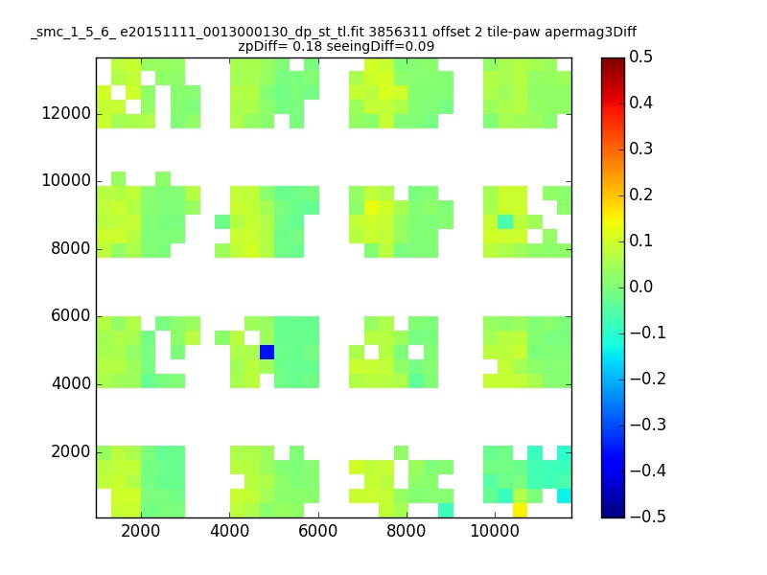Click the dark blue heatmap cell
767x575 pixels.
267,352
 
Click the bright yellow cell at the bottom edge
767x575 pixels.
520,511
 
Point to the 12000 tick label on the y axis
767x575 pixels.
66,113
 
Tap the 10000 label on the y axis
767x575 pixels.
66,180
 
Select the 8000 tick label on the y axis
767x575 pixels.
71,248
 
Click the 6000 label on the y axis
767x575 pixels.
71,316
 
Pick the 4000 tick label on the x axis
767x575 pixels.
229,531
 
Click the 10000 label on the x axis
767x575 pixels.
495,531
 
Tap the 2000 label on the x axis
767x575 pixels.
141,531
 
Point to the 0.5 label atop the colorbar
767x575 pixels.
640,57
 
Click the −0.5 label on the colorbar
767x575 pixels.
648,517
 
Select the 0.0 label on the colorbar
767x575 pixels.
640,287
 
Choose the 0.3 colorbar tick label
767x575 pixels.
640,149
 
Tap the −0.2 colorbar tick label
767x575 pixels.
648,379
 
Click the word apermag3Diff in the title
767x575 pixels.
591,33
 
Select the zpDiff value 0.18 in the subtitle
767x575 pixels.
307,46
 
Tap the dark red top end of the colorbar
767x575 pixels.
613,61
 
